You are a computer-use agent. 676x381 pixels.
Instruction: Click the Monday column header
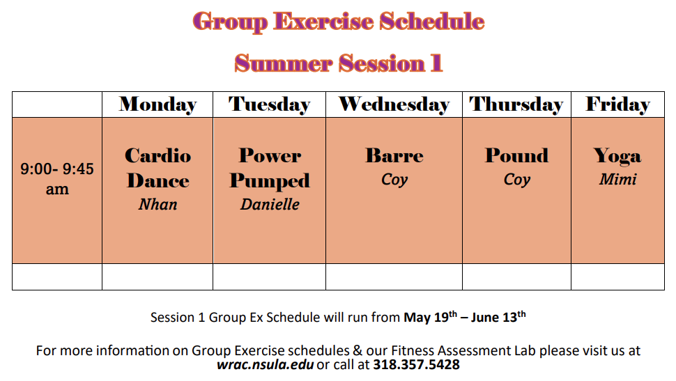click(x=158, y=104)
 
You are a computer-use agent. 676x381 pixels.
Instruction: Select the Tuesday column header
click(x=270, y=104)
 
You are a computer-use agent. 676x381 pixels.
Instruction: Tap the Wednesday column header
click(x=394, y=104)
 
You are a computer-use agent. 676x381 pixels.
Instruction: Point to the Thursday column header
click(x=516, y=104)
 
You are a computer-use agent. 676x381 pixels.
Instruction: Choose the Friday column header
click(x=617, y=104)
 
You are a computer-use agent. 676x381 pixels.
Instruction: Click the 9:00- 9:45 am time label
click(x=57, y=179)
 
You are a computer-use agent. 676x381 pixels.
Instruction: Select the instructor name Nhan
click(x=158, y=204)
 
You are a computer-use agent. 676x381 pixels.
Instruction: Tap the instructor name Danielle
click(x=270, y=204)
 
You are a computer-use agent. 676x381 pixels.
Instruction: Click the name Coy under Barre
click(x=394, y=180)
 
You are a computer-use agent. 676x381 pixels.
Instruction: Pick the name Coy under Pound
click(x=517, y=180)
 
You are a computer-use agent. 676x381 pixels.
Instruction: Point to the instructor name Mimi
click(x=617, y=179)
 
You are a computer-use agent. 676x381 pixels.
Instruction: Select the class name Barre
click(x=394, y=155)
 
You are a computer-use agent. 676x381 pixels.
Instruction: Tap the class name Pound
click(x=517, y=155)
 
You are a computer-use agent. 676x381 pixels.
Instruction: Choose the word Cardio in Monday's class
click(x=158, y=155)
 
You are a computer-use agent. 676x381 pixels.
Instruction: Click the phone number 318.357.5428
click(x=417, y=365)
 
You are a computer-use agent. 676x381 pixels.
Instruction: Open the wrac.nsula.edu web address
click(x=265, y=365)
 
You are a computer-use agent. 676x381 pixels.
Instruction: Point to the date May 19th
click(x=430, y=317)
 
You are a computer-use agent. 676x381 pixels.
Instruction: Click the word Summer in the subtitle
click(x=284, y=64)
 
